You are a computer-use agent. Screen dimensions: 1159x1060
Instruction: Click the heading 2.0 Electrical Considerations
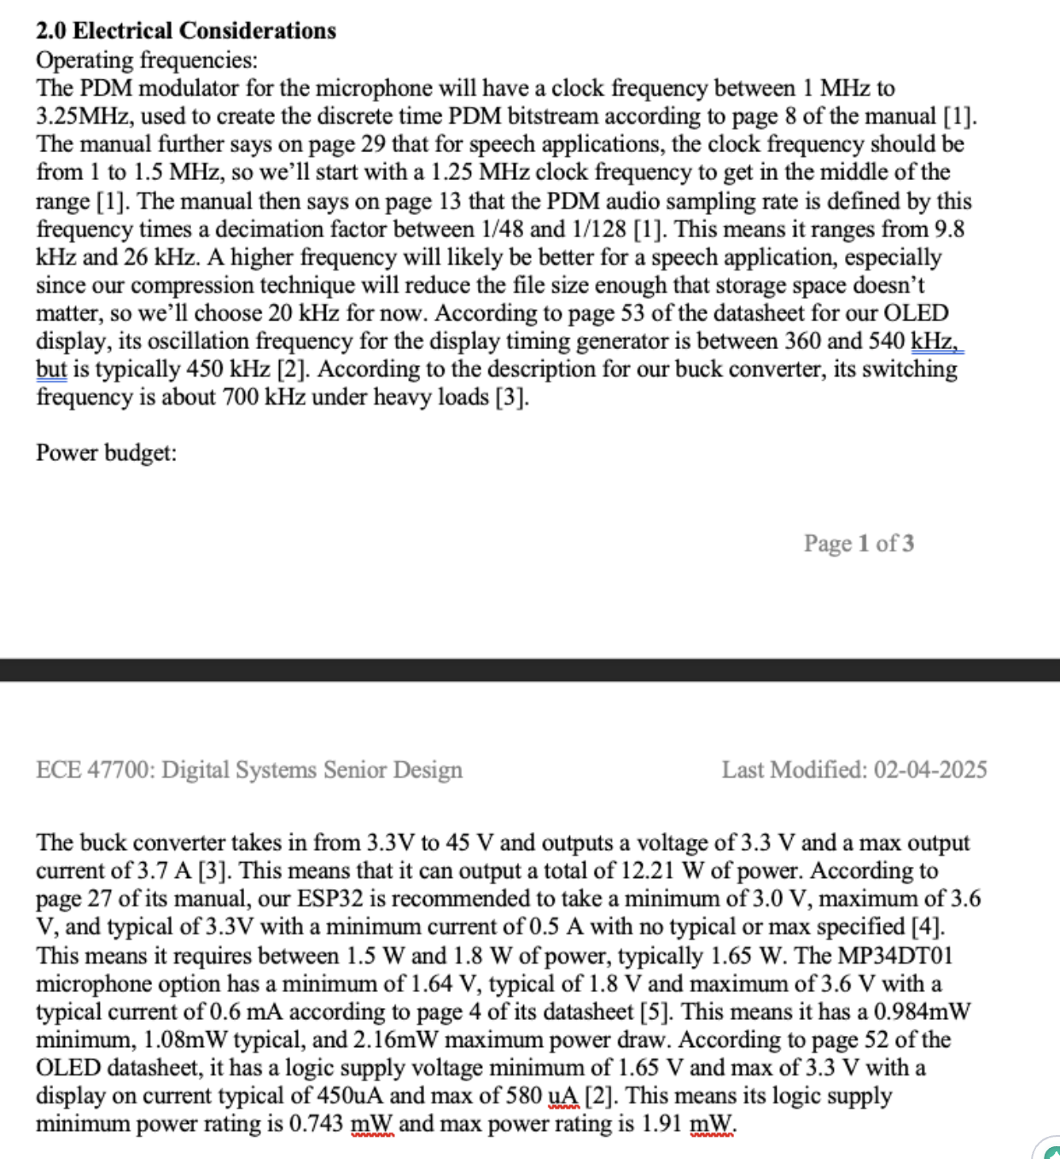[x=186, y=31]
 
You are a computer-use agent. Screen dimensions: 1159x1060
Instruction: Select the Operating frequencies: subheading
[x=146, y=60]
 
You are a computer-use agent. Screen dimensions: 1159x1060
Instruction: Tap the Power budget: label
[x=106, y=452]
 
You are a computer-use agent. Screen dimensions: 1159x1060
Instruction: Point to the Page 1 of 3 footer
[x=858, y=544]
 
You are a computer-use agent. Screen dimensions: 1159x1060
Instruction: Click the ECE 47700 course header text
[x=248, y=770]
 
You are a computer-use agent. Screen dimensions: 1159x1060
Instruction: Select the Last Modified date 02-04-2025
[x=929, y=770]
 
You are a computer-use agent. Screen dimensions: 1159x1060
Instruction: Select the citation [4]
[x=928, y=927]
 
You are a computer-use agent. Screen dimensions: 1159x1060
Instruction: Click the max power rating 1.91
[x=662, y=1123]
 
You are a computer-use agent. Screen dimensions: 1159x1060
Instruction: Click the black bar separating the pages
[x=530, y=670]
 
